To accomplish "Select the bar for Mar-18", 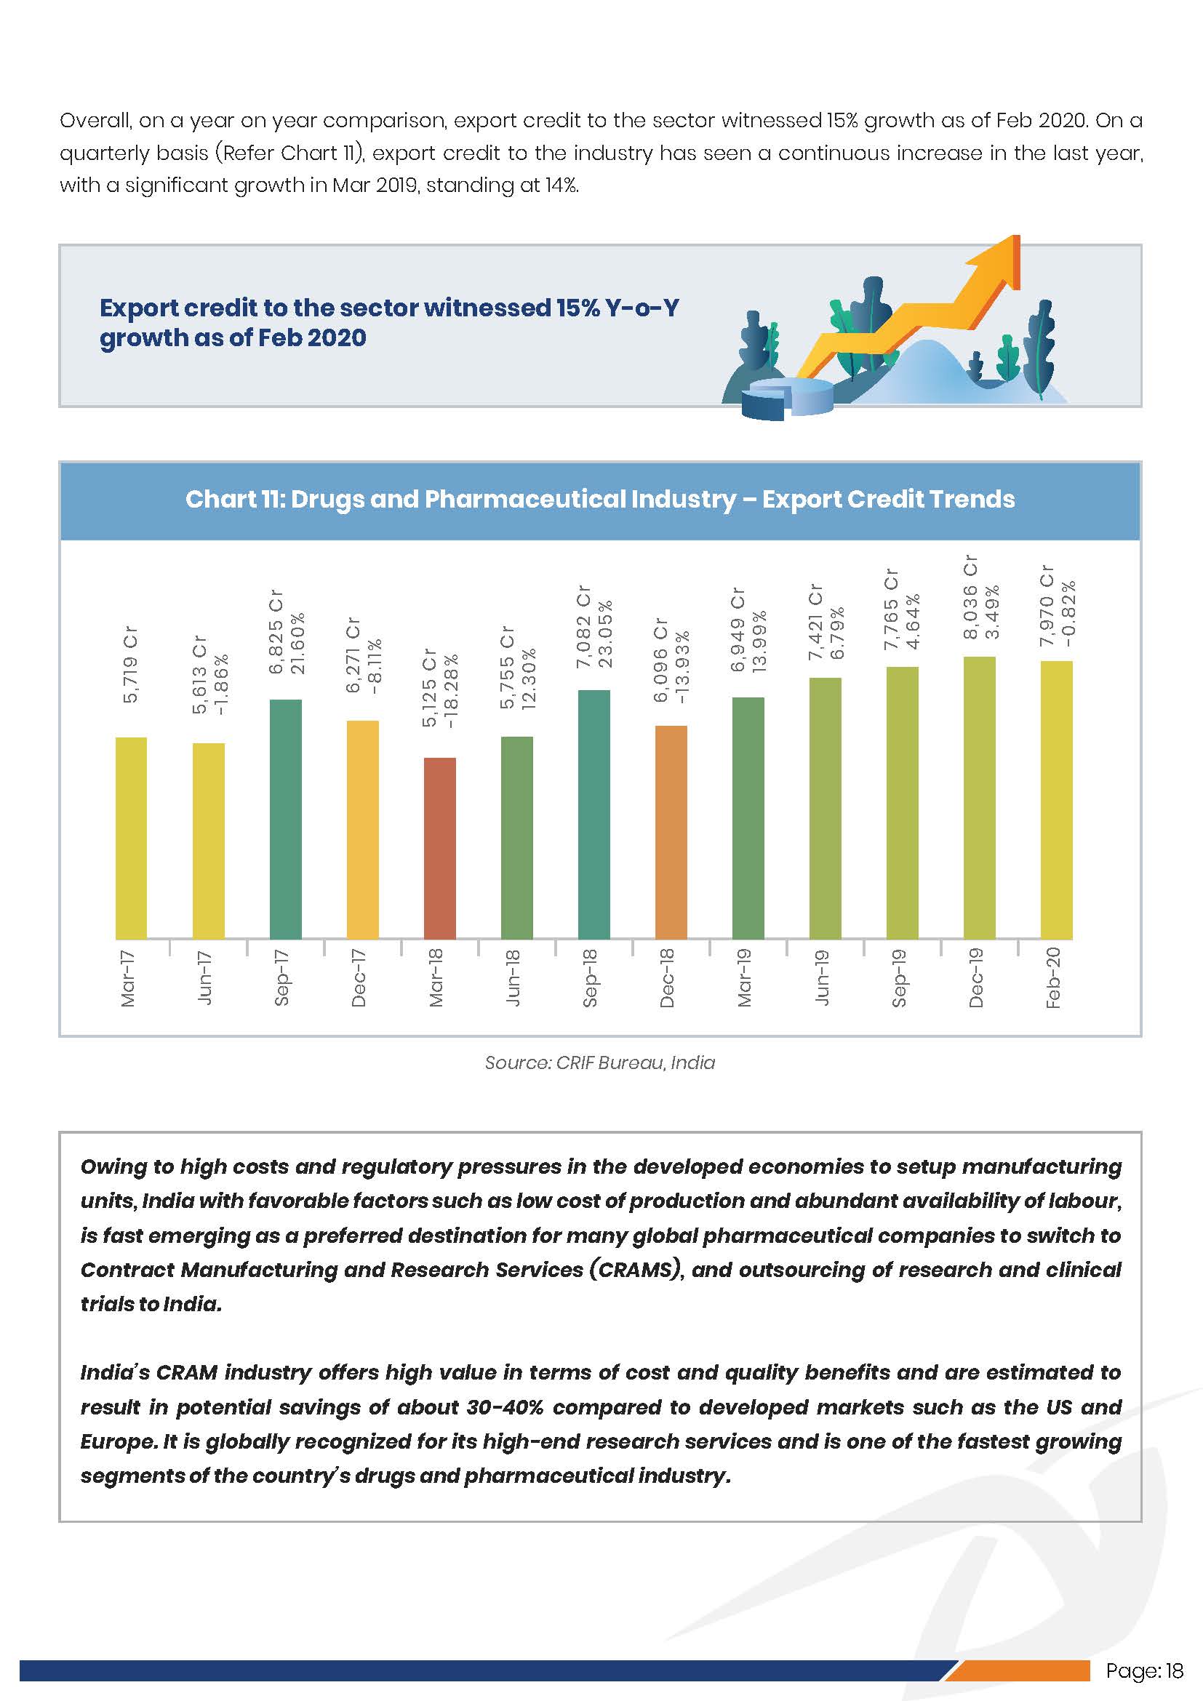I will (439, 847).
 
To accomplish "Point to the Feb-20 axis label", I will (1052, 977).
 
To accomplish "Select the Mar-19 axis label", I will (745, 977).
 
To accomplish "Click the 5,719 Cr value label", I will (130, 665).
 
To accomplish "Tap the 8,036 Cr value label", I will (970, 597).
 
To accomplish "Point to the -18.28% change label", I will (451, 689).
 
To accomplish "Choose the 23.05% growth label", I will (605, 633).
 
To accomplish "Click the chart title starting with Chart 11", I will (600, 500).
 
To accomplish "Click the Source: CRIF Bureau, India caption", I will (600, 1062).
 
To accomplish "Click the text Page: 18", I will (1144, 1670).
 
